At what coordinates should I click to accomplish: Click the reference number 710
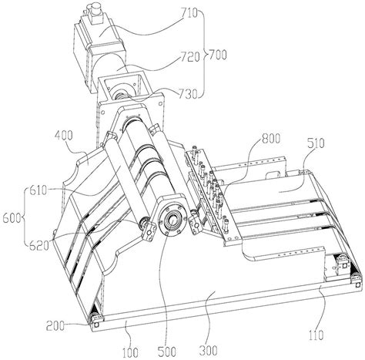[x=189, y=13]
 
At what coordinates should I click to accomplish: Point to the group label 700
[x=218, y=55]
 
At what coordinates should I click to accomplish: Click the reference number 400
[x=64, y=136]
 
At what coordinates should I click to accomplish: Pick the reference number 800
[x=270, y=139]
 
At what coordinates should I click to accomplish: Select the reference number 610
[x=38, y=191]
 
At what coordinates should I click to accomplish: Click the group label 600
[x=12, y=218]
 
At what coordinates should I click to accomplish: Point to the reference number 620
[x=39, y=246]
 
